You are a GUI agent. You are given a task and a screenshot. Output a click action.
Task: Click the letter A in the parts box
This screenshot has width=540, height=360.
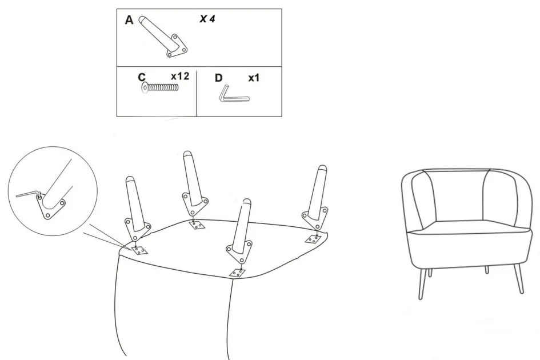click(x=129, y=20)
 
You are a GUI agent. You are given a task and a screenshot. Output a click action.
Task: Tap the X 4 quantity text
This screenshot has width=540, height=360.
click(x=207, y=19)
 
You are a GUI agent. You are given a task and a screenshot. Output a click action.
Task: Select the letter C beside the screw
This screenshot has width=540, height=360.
click(x=142, y=77)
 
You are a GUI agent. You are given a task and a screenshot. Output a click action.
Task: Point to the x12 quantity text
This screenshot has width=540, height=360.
click(x=180, y=76)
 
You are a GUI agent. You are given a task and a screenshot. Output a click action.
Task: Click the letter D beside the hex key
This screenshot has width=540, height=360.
click(x=218, y=78)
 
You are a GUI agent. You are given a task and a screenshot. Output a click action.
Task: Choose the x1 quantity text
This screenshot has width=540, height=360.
click(x=254, y=78)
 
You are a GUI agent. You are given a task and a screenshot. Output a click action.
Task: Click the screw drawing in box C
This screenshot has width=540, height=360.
click(x=160, y=88)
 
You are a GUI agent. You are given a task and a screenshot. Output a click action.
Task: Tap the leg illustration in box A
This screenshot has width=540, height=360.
click(x=163, y=36)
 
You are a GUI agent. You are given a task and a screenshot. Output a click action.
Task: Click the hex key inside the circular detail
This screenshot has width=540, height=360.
click(x=28, y=194)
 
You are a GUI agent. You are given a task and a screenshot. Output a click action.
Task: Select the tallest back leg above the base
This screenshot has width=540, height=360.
click(x=194, y=185)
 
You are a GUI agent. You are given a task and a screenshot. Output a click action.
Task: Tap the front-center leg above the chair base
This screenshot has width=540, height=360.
click(x=241, y=231)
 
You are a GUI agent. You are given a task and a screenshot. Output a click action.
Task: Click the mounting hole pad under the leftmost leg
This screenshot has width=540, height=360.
click(x=139, y=250)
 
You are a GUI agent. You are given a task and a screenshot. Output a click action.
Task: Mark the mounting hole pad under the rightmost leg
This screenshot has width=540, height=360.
click(x=313, y=239)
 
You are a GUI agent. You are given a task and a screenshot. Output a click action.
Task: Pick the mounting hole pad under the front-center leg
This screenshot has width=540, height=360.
click(x=237, y=273)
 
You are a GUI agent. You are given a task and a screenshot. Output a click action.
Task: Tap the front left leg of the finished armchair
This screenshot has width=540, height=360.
click(x=422, y=284)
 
